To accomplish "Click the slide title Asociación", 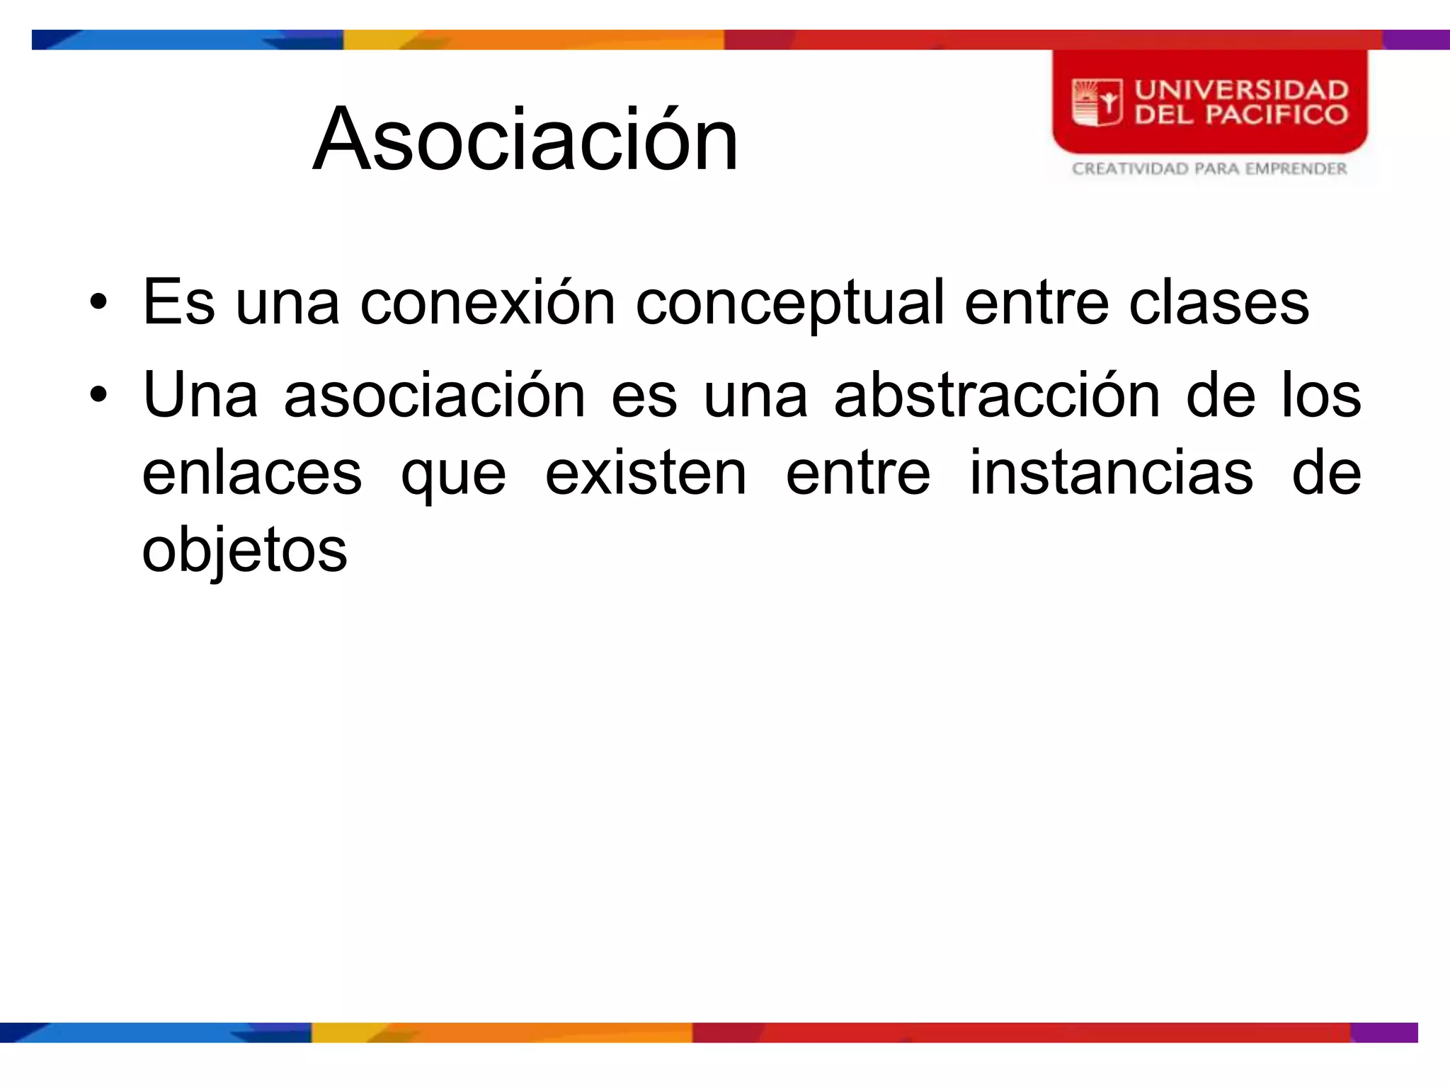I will coord(525,139).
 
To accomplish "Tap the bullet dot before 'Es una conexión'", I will coord(98,303).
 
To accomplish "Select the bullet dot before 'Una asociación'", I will coord(98,395).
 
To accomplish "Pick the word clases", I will coord(1218,303).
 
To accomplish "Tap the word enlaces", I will coord(252,473).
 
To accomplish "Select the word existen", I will coord(645,473).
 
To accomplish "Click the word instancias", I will coord(1111,473).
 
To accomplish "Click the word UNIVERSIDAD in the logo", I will coord(1241,90).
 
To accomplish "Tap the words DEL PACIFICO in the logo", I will coord(1241,115).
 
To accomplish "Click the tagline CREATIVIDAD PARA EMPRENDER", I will coord(1209,168).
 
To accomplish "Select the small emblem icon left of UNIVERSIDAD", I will coord(1097,103).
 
